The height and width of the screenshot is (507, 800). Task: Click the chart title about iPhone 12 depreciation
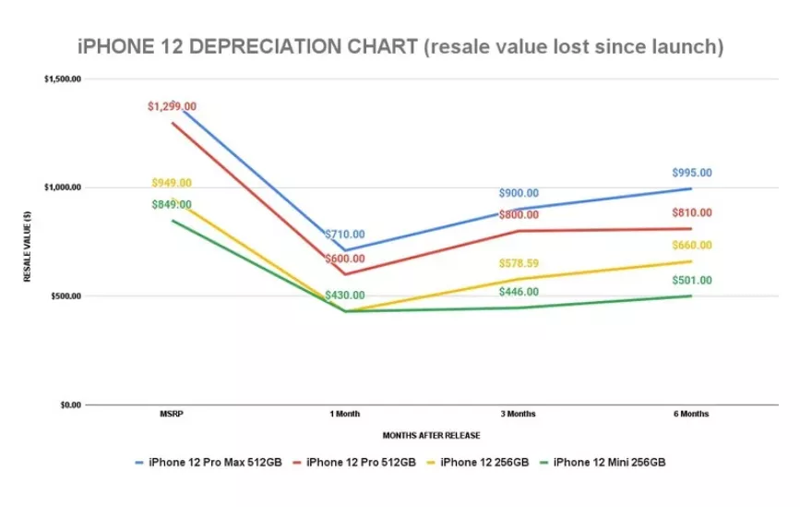coord(400,46)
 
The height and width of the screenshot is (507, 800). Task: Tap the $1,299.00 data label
coord(172,107)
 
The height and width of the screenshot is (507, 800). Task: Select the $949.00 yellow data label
coord(172,183)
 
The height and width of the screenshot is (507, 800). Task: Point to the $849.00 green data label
coord(172,204)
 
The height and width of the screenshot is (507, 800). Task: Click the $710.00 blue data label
coord(344,235)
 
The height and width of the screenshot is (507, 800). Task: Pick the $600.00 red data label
coord(344,259)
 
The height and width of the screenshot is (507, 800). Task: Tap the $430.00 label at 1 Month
coord(344,295)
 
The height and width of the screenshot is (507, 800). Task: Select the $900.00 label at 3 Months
coord(518,193)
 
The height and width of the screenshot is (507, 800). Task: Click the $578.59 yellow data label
coord(518,264)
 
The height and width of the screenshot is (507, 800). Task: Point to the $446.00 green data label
coord(518,292)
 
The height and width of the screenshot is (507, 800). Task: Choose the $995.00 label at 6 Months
coord(691,173)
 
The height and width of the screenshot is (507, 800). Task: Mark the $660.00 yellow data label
coord(691,245)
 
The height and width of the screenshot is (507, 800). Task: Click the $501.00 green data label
coord(691,280)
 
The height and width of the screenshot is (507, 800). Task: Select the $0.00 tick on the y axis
coord(70,404)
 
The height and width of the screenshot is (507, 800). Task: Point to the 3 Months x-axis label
coord(518,414)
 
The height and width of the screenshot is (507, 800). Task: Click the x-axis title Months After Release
coord(431,434)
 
